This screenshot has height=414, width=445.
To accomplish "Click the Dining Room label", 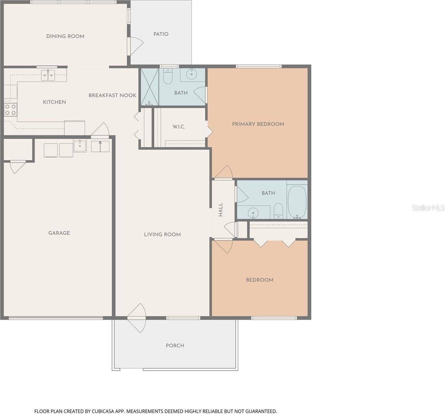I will point(65,36).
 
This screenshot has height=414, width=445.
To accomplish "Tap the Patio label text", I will point(161,34).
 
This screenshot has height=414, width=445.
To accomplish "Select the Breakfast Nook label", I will point(112,95).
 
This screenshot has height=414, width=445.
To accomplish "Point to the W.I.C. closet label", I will point(179,127).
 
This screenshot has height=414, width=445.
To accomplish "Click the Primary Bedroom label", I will point(258,124).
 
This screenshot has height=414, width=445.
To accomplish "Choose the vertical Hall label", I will point(221,210).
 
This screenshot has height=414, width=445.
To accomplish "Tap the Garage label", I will point(59,233).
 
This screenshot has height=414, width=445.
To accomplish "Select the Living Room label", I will point(163,234).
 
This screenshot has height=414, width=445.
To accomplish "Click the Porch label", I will point(175,346).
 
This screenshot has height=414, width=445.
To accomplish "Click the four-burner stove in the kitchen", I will point(10,109).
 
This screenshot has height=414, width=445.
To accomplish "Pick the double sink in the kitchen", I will point(48,75).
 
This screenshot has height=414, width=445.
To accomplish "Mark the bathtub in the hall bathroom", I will point(297,202).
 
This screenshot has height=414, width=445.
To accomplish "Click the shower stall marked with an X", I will point(150,87).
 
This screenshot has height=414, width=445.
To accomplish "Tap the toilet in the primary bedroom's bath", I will point(168,77).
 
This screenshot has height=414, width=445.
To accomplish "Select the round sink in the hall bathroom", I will point(253,212).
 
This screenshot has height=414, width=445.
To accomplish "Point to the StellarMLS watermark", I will point(428,208).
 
